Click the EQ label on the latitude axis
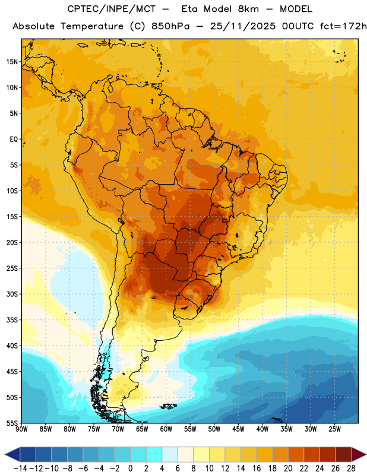tap(14, 140)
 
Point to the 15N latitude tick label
tap(12, 62)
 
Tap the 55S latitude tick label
tap(12, 423)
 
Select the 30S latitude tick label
tap(12, 294)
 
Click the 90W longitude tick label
tap(21, 429)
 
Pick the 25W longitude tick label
tap(334, 429)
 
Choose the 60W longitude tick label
tap(166, 429)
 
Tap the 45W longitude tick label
tap(239, 429)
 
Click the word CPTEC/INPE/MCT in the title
tap(112, 9)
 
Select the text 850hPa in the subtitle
tap(170, 26)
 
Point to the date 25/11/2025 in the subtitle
tap(243, 26)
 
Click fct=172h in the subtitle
tap(343, 26)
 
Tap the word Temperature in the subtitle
tap(92, 26)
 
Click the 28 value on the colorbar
tap(351, 468)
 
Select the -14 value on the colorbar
tap(20, 468)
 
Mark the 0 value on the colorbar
tap(130, 468)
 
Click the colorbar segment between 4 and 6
tap(170, 454)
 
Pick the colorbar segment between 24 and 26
tap(327, 454)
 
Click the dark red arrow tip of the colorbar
tap(359, 454)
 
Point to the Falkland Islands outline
tap(168, 406)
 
